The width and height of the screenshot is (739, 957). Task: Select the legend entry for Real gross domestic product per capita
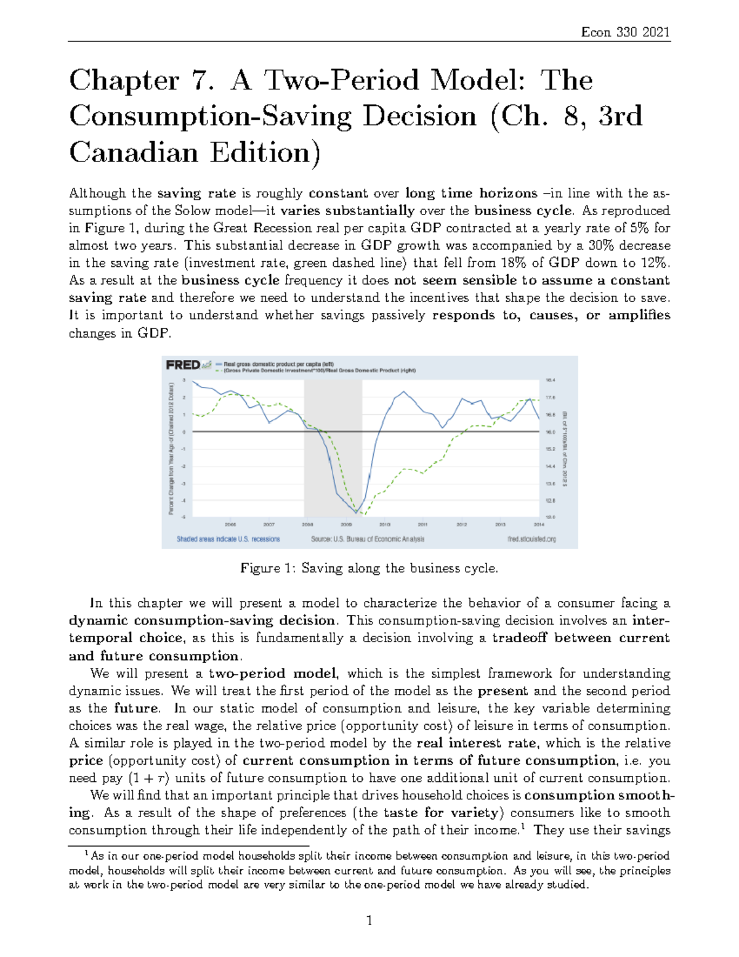[278, 364]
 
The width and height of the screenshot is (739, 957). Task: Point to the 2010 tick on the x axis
[385, 524]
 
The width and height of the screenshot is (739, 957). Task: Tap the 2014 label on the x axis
[538, 524]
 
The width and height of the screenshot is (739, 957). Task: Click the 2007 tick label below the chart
[269, 524]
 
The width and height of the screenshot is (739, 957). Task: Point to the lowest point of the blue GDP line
[357, 512]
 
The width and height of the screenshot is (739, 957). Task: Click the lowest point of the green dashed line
[363, 514]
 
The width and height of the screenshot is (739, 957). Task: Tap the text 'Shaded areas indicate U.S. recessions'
[228, 539]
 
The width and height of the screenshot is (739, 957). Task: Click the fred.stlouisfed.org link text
[531, 539]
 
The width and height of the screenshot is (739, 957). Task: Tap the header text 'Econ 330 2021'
[625, 32]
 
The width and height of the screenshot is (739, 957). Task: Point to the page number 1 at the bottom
[369, 921]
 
